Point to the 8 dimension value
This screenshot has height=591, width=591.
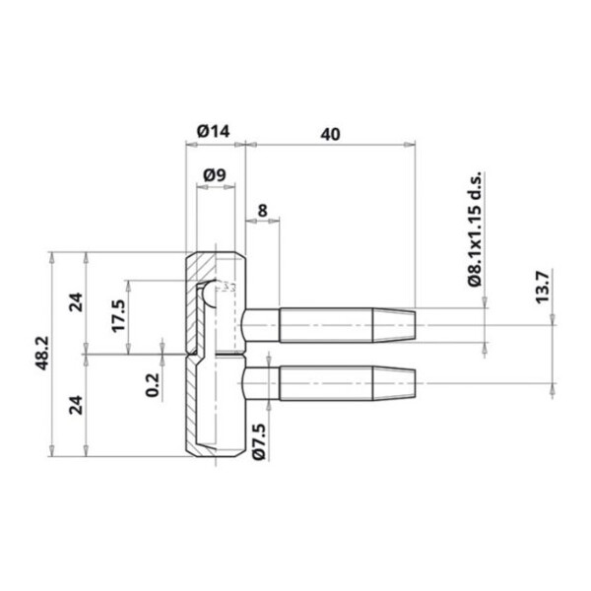click(261, 209)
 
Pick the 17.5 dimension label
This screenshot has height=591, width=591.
click(119, 315)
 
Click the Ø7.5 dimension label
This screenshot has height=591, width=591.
click(259, 439)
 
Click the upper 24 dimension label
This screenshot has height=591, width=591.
click(75, 302)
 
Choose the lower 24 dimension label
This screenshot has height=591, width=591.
click(75, 404)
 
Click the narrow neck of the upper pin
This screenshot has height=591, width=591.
click(261, 323)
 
